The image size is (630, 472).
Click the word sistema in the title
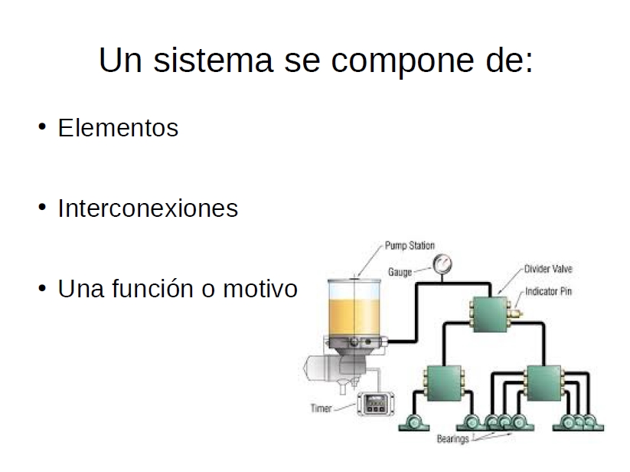click(x=214, y=61)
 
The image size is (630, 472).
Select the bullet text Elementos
click(x=118, y=128)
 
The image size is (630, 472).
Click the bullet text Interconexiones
click(x=148, y=208)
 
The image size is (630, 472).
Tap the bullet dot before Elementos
click(x=42, y=127)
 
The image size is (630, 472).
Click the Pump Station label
click(x=410, y=245)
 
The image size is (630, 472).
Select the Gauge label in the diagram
click(x=400, y=272)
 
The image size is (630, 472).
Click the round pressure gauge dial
click(x=442, y=264)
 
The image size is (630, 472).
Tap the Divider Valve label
click(x=548, y=269)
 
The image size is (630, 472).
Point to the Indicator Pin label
click(x=548, y=291)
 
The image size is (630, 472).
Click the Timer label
click(x=321, y=408)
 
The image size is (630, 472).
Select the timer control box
click(x=376, y=403)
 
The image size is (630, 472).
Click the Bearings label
click(x=453, y=438)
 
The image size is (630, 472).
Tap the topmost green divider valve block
click(x=490, y=314)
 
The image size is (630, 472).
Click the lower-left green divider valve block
click(x=443, y=383)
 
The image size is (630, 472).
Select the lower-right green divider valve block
click(x=543, y=383)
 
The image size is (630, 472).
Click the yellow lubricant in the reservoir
click(x=354, y=316)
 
